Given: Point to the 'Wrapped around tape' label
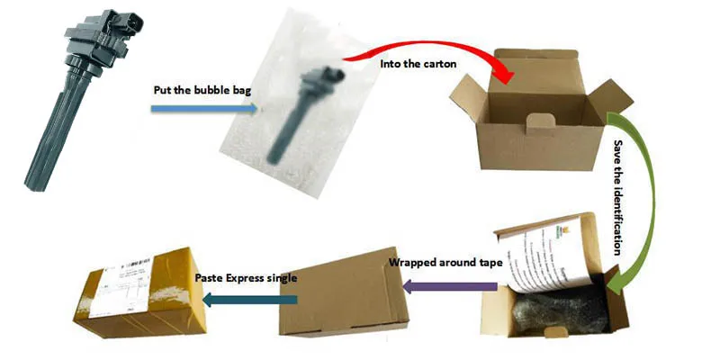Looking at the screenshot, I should click(441, 265).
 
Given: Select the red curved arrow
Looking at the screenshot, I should click(441, 45).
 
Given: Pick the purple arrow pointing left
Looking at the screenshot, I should click(450, 286).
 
